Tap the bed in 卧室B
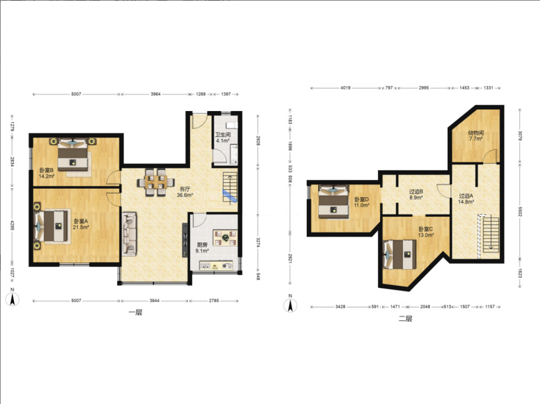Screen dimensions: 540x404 72,154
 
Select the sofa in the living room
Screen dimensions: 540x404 130,234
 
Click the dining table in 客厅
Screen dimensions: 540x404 156,182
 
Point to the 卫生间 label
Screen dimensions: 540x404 223,135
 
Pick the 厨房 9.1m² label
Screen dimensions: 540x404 202,248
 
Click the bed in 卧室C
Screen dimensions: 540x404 400,255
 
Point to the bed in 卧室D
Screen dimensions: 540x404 334,202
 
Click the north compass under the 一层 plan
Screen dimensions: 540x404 12,298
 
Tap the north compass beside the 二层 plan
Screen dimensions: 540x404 290,304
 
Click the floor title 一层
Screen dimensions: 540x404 135,312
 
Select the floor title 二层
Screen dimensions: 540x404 405,319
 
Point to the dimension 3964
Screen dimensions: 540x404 156,94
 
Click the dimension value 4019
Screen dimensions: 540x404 346,88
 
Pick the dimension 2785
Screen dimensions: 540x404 213,300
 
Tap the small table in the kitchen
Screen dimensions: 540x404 225,238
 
